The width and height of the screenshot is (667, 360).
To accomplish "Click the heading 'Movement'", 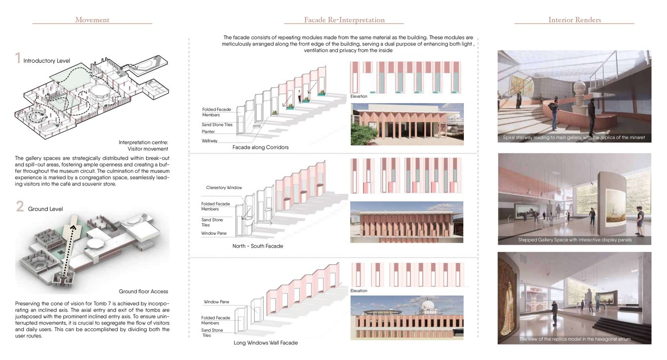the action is point(92,20).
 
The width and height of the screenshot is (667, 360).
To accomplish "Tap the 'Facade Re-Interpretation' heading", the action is point(344,20).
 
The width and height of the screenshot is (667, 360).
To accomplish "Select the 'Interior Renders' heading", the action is point(575,20).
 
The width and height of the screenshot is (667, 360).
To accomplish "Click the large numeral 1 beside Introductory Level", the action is point(18,58).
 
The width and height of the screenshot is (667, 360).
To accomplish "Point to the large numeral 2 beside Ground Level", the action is point(20,206).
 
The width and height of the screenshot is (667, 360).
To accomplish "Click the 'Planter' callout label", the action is point(208,131).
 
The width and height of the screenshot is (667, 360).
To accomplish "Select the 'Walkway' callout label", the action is point(209,141).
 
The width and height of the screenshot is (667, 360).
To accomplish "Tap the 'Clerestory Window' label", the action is point(224,188).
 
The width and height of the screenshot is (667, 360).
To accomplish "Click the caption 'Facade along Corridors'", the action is point(261,147).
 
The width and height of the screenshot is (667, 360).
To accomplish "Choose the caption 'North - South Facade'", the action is point(257,246).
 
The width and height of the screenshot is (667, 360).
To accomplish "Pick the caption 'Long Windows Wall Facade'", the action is point(266,343).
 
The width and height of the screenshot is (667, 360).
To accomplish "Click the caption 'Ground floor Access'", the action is point(144,291).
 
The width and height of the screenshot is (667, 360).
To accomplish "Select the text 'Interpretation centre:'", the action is point(144,142).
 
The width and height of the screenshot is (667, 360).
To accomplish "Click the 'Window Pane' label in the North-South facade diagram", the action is point(214,233).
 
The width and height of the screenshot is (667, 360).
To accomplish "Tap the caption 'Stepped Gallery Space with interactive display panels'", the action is point(575,240).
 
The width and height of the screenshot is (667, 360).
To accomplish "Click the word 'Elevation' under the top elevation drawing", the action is point(359,96).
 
